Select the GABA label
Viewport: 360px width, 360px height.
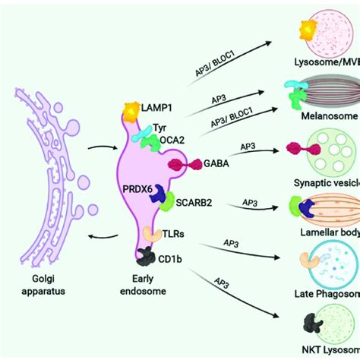point(215,163)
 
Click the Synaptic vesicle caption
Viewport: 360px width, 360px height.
point(325,182)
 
